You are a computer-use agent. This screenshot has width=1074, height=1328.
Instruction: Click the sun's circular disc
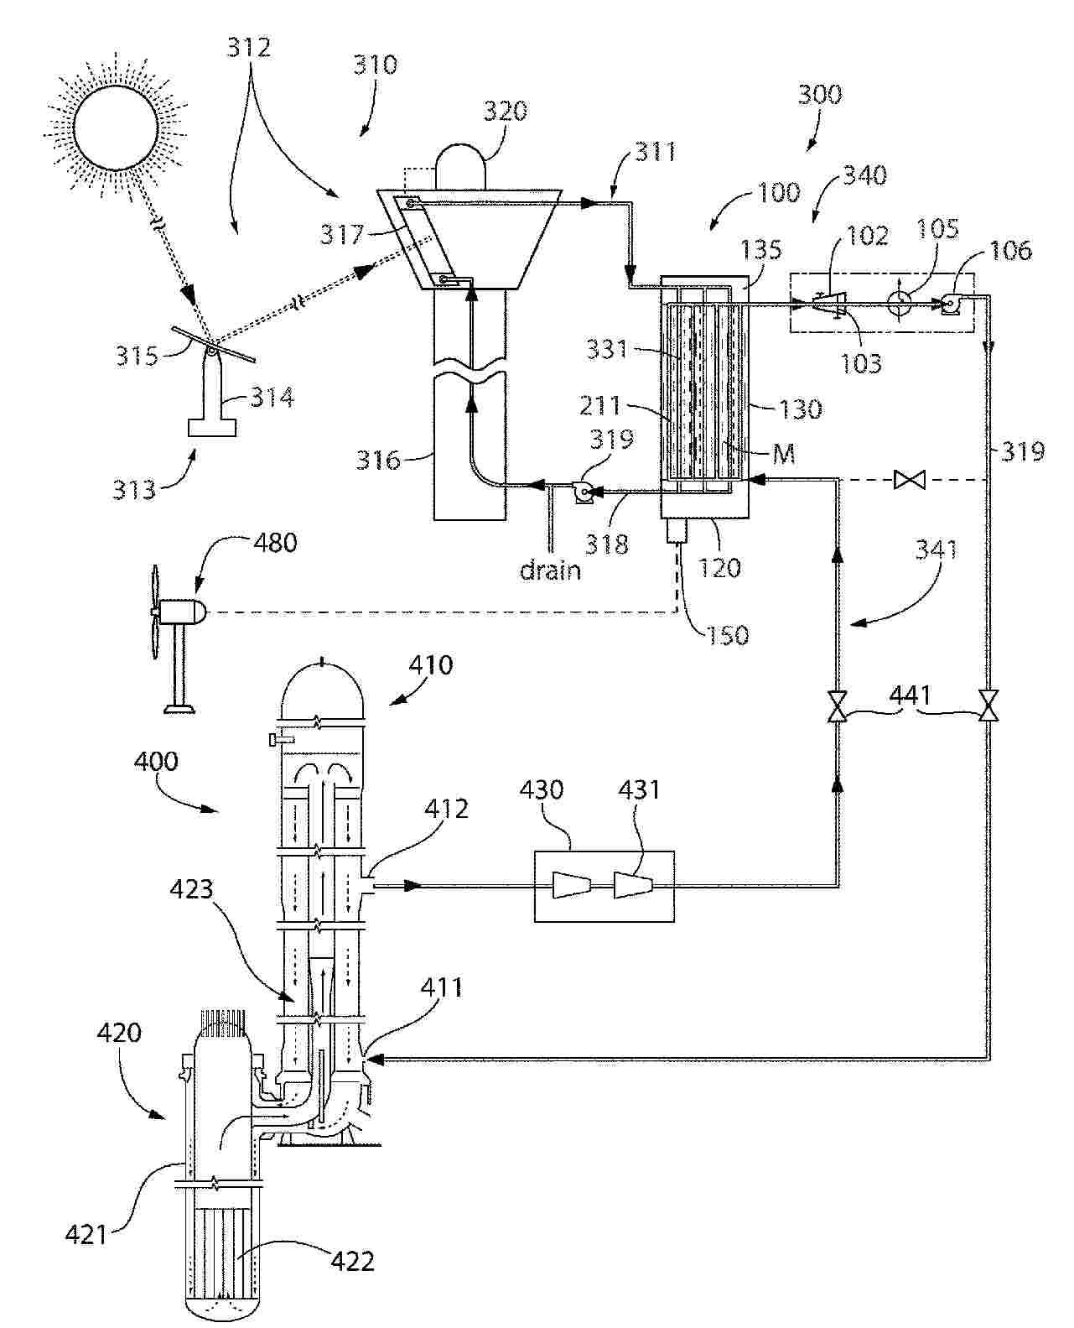(x=115, y=128)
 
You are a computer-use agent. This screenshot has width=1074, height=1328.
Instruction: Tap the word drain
(x=550, y=570)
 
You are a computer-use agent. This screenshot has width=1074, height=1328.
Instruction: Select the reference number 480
(x=275, y=543)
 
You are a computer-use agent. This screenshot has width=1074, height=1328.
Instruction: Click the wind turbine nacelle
(x=180, y=611)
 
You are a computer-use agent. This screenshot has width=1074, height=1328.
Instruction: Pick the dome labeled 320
(x=460, y=166)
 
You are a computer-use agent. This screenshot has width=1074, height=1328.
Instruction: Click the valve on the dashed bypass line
(x=909, y=480)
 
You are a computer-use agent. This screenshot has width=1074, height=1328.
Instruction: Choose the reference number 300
(x=820, y=94)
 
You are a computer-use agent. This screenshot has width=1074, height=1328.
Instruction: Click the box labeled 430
(x=604, y=886)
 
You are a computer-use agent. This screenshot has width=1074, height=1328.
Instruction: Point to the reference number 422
(x=353, y=1261)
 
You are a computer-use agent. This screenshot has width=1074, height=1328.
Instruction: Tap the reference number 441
(x=911, y=695)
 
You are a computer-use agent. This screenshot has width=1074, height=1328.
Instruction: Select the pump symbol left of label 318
(x=583, y=493)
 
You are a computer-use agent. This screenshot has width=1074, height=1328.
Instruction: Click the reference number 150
(x=727, y=635)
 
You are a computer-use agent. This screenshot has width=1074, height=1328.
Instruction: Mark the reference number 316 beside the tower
(x=377, y=460)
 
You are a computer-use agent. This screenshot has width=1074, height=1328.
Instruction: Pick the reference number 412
(x=446, y=809)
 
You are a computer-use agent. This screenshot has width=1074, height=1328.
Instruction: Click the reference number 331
(x=606, y=348)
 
